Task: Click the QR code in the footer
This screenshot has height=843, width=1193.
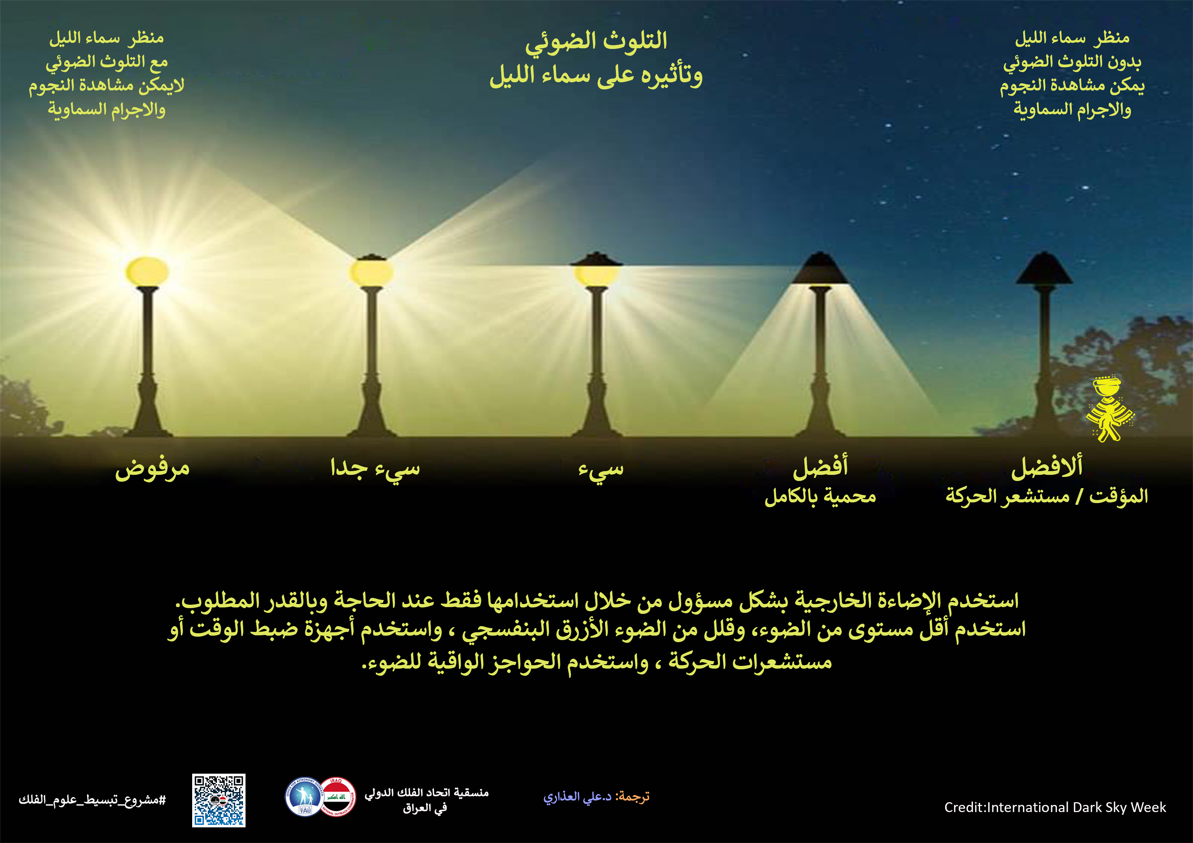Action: pos(219,801)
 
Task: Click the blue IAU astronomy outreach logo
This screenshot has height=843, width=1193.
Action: pos(304,797)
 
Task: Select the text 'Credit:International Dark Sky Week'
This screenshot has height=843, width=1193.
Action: pos(1055,807)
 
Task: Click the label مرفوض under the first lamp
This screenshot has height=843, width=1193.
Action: pos(152,468)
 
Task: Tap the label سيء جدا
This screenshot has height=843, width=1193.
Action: pos(375,468)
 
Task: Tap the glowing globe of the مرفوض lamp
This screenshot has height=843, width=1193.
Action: pos(147,272)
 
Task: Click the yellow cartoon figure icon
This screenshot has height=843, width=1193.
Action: pos(1109,409)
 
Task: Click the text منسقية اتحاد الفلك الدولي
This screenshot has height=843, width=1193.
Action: pos(426,793)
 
